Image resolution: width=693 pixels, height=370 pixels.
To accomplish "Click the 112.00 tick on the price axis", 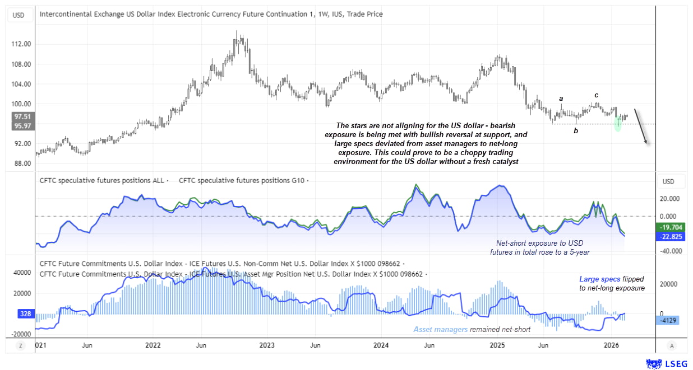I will click(x=23, y=44).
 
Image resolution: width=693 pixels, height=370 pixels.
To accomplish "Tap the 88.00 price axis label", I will click(x=23, y=163).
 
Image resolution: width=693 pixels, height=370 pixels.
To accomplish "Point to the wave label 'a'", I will click(x=561, y=99).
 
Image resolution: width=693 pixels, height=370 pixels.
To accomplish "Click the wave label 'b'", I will click(x=575, y=130).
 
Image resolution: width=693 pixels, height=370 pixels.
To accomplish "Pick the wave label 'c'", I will click(x=597, y=95).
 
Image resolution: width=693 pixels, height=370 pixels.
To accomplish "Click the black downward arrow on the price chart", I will click(x=641, y=127).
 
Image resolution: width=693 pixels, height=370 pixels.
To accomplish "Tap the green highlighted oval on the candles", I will click(x=618, y=124).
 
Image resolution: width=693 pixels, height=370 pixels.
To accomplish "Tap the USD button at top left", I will click(x=19, y=15).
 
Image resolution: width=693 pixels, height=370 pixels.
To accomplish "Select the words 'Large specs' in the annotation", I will click(x=598, y=278).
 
